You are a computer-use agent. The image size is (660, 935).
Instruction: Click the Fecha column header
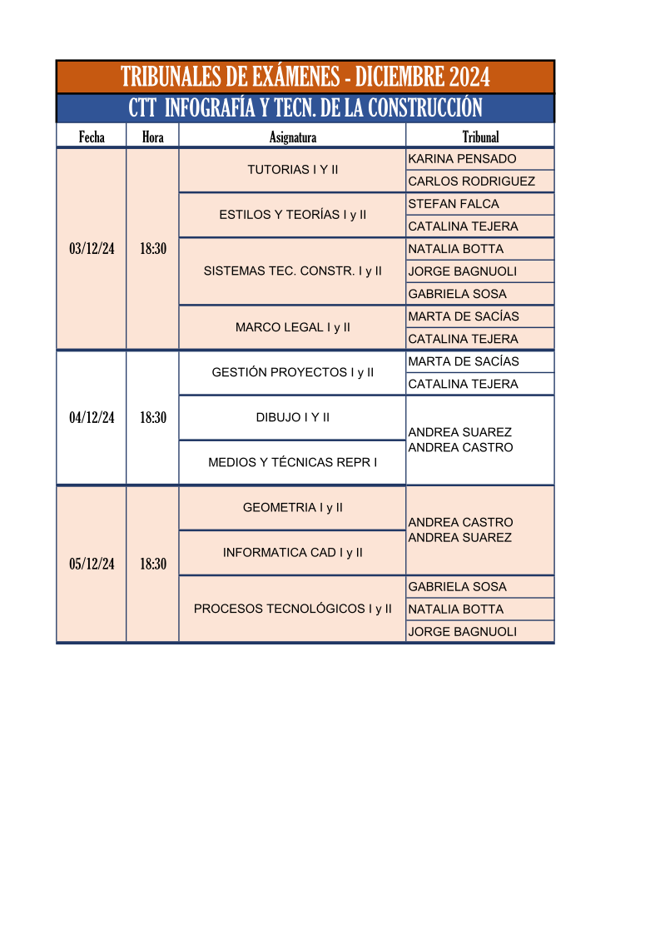point(92,137)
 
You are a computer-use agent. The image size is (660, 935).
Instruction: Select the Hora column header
point(152,137)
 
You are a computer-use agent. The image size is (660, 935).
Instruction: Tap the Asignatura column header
point(292,137)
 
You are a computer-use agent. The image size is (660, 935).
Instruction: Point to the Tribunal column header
point(480,137)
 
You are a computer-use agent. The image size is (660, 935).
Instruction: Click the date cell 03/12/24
point(92,249)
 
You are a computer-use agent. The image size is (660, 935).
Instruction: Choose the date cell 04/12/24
point(92,417)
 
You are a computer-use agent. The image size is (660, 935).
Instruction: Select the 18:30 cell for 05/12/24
point(152,564)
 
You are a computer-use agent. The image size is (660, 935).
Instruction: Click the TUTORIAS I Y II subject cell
point(292,170)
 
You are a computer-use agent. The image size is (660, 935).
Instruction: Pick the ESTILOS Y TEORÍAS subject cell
point(292,215)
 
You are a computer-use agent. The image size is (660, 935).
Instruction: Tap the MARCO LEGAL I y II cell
point(292,327)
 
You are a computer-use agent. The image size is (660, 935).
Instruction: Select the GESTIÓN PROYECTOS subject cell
point(292,373)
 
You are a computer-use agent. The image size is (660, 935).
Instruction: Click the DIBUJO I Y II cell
point(292,417)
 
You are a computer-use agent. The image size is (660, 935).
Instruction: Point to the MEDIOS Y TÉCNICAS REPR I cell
point(292,462)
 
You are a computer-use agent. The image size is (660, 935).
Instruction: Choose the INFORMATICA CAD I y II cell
point(292,553)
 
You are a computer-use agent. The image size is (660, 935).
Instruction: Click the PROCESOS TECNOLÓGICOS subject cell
point(292,609)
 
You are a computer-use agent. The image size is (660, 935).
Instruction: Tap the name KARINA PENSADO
point(462,159)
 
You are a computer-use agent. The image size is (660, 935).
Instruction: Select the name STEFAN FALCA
point(453,204)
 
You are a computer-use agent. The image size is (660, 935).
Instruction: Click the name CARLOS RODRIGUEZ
point(472,182)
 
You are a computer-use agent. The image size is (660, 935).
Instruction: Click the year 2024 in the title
point(469,77)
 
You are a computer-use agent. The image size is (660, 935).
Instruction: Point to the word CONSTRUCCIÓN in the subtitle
point(425,108)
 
